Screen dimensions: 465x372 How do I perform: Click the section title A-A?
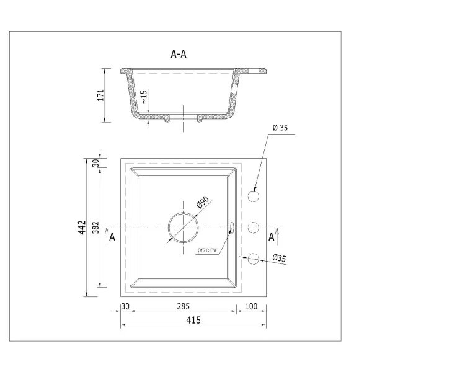click(179, 54)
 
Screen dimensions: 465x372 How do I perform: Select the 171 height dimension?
click(101, 95)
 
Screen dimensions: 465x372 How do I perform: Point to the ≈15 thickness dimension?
click(144, 97)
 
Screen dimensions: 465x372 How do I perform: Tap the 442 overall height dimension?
click(82, 228)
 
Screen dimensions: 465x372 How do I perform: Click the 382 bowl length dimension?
click(95, 228)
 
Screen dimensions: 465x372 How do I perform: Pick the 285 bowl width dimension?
click(183, 306)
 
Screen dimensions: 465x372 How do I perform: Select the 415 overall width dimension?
click(193, 320)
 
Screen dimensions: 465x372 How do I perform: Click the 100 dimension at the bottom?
click(251, 306)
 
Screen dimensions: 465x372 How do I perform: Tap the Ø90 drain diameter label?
click(203, 202)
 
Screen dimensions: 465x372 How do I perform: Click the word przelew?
click(207, 250)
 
